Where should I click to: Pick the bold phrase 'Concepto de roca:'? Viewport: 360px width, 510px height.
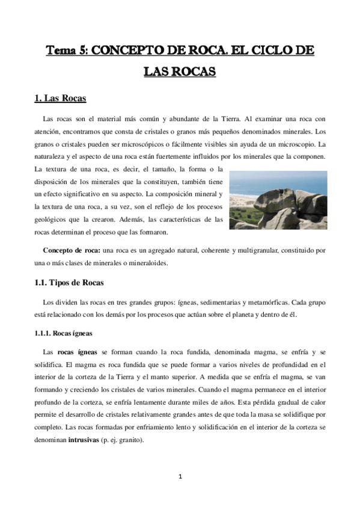(72, 250)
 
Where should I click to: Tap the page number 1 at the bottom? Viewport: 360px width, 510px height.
(180, 477)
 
